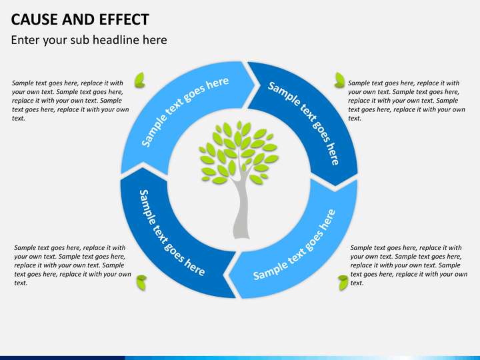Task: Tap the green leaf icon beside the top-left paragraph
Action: (x=140, y=80)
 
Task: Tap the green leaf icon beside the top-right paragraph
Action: (x=339, y=80)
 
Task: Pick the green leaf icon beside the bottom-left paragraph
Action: (x=141, y=283)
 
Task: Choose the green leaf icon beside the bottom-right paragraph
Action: (x=343, y=283)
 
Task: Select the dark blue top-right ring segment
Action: (x=319, y=116)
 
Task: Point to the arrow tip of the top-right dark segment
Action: (x=335, y=186)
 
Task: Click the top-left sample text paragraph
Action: (x=71, y=101)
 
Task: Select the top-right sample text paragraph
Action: (x=407, y=101)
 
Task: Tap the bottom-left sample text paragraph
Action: (x=73, y=265)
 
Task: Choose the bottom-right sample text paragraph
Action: (x=409, y=265)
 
